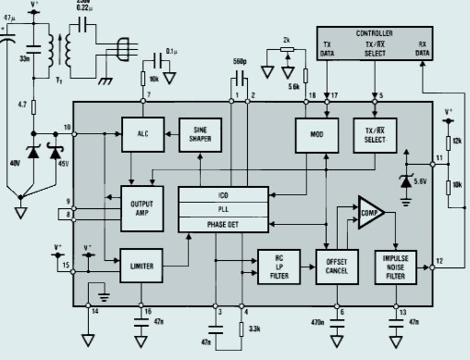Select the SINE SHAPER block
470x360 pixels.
tap(199, 134)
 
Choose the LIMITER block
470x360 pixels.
tap(140, 265)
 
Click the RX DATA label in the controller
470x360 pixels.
tap(422, 49)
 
